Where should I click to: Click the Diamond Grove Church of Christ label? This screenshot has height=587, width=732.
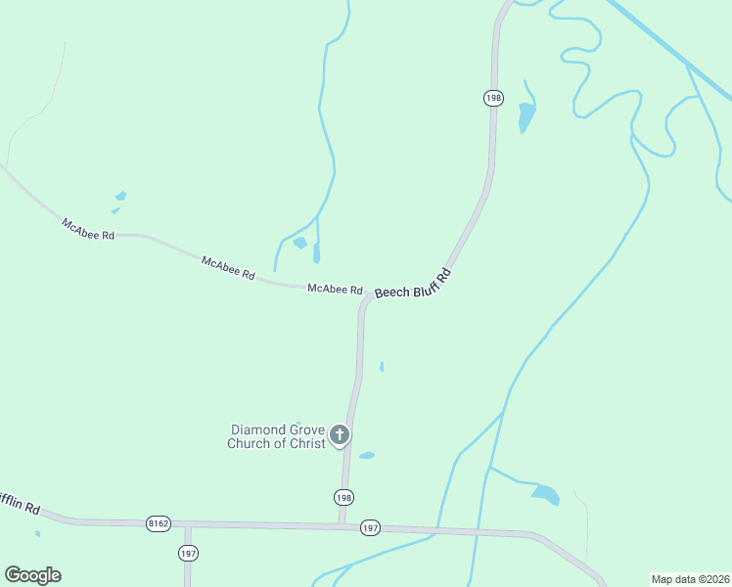click(x=277, y=436)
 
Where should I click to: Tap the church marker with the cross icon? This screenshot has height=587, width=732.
click(x=340, y=435)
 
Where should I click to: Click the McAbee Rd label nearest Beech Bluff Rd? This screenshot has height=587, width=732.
click(x=335, y=290)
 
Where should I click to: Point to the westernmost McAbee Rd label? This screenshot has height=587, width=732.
click(x=88, y=230)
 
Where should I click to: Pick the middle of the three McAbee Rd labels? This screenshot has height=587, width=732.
click(x=228, y=268)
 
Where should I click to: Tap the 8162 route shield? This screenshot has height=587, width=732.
click(x=159, y=523)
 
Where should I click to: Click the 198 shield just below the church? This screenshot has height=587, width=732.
click(x=343, y=497)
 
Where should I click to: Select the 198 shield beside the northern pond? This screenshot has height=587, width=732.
click(x=493, y=98)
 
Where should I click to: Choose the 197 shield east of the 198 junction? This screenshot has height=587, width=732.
click(x=370, y=527)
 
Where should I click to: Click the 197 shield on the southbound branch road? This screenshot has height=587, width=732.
click(x=188, y=554)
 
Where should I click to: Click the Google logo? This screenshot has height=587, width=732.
click(x=32, y=574)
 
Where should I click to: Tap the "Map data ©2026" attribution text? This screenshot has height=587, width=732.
click(x=690, y=579)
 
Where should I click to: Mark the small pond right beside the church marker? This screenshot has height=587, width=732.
click(x=367, y=455)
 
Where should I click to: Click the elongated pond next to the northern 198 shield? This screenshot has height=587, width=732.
click(x=526, y=116)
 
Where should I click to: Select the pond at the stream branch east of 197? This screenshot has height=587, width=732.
click(x=545, y=494)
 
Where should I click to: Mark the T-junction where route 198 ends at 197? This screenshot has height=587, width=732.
click(x=341, y=525)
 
